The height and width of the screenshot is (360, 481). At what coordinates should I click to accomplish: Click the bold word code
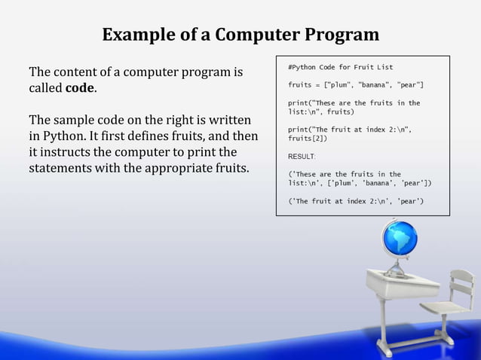pos(81,89)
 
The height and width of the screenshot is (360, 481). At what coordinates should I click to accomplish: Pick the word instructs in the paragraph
pos(70,152)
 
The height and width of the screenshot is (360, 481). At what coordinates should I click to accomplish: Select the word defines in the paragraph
pos(168,137)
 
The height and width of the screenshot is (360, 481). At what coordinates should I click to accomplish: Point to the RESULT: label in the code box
pos(302,157)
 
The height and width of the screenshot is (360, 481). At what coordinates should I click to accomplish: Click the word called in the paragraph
pos(46,89)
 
